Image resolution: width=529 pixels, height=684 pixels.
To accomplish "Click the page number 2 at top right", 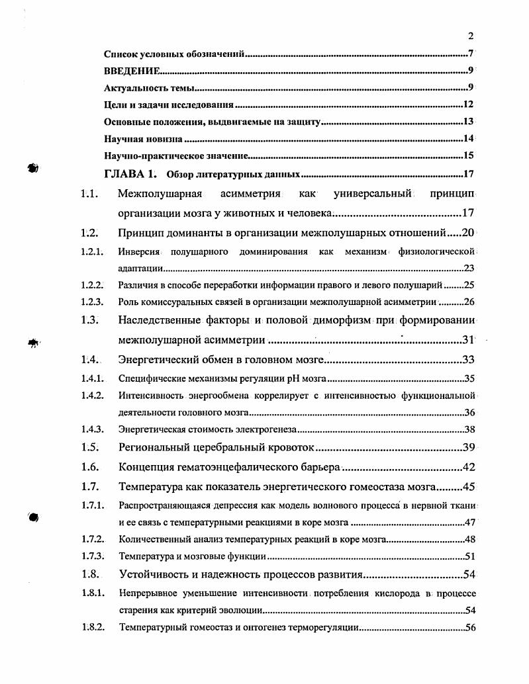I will pyautogui.click(x=470, y=36).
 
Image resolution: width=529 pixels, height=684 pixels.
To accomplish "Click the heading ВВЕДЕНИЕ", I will pyautogui.click(x=131, y=70).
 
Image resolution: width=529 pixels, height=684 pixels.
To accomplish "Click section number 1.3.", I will pyautogui.click(x=90, y=321).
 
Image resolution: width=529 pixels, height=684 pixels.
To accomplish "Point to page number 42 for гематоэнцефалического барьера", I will pyautogui.click(x=469, y=468).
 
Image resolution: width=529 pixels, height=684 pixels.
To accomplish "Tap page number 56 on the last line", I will pyautogui.click(x=470, y=628).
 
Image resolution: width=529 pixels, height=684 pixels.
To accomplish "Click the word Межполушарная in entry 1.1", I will pyautogui.click(x=159, y=194).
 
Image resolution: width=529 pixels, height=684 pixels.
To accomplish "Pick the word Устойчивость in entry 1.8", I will pyautogui.click(x=154, y=574).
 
